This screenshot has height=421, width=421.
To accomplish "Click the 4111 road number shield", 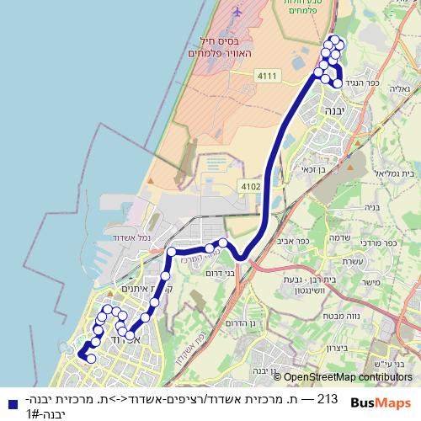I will (267, 76).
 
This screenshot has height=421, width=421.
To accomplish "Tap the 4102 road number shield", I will (251, 185).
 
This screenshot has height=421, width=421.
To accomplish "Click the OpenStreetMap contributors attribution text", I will (349, 377).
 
